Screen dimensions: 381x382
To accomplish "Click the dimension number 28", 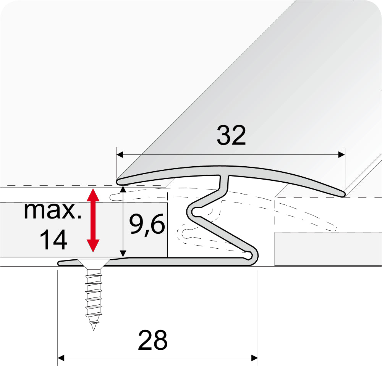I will [152, 340].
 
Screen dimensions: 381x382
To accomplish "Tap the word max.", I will [52, 211].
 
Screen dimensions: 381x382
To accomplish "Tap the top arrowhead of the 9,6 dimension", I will [123, 189].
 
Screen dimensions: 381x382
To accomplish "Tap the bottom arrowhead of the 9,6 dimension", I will [123, 253].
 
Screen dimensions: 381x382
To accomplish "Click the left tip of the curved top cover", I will [118, 180].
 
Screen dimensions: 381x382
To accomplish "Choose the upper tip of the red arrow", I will [93, 190].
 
